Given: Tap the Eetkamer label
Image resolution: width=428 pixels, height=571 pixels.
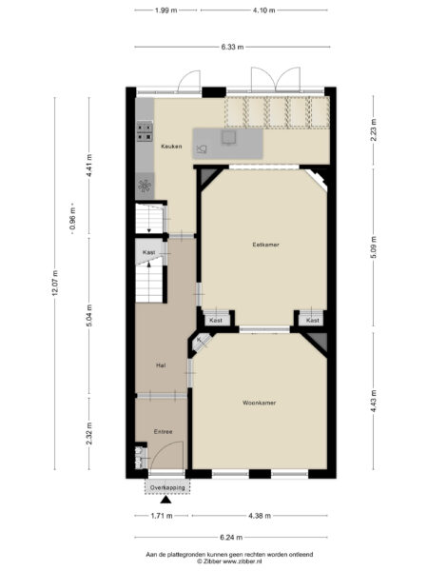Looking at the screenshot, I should point(252,245).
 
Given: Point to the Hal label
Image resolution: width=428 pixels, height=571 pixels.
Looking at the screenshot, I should point(162,364).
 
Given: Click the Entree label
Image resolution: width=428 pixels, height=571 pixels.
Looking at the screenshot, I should point(164,431).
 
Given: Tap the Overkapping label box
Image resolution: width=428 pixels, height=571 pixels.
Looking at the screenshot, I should point(166,486).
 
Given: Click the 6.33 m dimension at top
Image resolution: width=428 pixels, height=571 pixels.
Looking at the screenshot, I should point(231,46).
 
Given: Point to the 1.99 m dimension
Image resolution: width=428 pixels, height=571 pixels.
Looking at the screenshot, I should point(166,10).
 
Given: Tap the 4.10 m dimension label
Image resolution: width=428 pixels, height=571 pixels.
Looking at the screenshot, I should point(263,10).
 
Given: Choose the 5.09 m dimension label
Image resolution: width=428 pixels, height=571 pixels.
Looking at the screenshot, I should point(374,252).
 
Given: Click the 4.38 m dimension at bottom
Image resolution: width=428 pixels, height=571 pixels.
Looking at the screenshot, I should point(259,515).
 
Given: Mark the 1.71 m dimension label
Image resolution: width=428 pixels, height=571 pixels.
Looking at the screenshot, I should point(162,515).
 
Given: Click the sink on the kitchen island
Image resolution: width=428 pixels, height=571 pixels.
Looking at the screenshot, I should point(229,138).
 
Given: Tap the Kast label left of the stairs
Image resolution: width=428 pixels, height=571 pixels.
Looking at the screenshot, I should point(149,251).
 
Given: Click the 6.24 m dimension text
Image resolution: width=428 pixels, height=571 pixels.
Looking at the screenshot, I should point(230,536).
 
